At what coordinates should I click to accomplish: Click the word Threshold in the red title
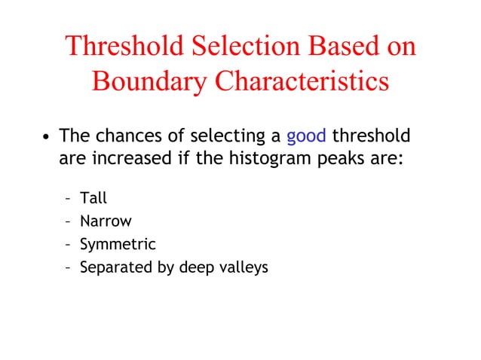pos(121,46)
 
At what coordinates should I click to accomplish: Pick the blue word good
pos(306,136)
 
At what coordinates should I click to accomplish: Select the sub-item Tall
pos(93,199)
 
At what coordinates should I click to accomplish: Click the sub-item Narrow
pos(106,221)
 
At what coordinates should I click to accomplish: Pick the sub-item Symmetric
pos(118,245)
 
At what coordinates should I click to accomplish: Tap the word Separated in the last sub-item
pos(112,267)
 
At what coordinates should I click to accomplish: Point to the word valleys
pos(241,268)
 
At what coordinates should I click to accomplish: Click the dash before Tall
pos(69,200)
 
